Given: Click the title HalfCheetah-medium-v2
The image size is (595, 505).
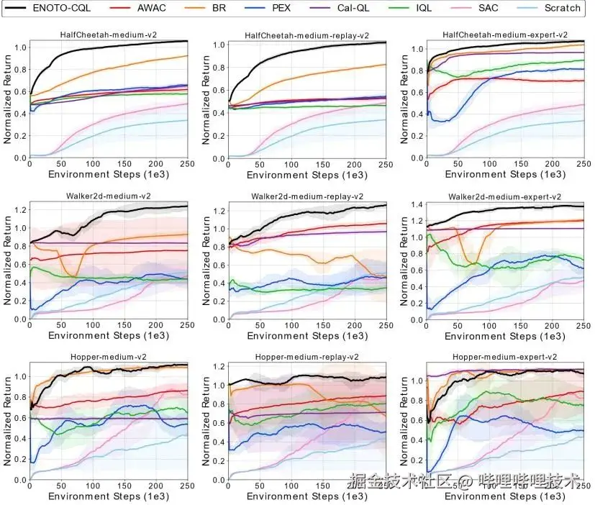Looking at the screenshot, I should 108,35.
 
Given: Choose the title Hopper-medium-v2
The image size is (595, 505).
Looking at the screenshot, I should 108,357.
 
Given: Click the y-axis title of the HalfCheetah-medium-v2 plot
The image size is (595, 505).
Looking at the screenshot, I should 8,99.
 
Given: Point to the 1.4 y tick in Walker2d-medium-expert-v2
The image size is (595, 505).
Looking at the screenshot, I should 415,206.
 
